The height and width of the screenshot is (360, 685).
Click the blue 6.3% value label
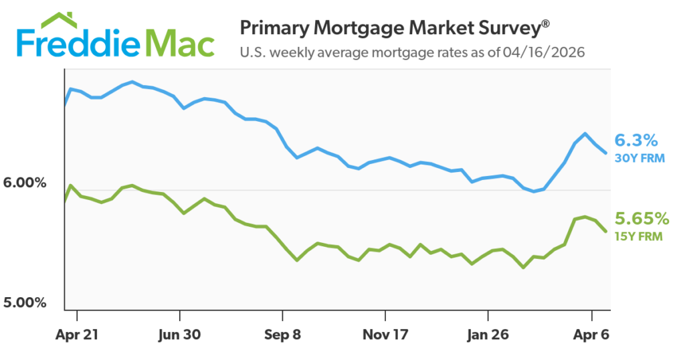(636, 141)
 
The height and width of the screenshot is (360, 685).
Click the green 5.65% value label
(642, 218)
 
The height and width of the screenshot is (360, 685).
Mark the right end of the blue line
(606, 153)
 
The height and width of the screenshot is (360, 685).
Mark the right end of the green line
(606, 232)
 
